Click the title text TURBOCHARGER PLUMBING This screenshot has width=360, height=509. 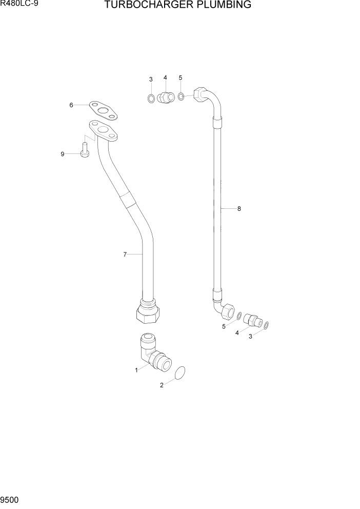point(177,6)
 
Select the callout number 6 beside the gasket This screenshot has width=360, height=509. point(71,105)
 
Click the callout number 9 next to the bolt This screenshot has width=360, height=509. point(63,154)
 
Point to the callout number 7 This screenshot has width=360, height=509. point(125,254)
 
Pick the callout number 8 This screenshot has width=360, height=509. point(239,209)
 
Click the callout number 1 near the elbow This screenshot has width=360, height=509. point(136,369)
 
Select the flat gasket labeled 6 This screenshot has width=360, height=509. point(102,110)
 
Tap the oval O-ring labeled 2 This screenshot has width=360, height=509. point(181,374)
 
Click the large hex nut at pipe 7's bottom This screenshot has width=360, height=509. point(147,312)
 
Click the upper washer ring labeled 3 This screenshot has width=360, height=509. point(151,98)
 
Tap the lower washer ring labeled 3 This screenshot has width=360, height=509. point(267,324)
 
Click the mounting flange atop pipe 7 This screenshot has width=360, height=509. point(103,130)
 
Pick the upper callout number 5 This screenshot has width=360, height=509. point(181,77)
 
